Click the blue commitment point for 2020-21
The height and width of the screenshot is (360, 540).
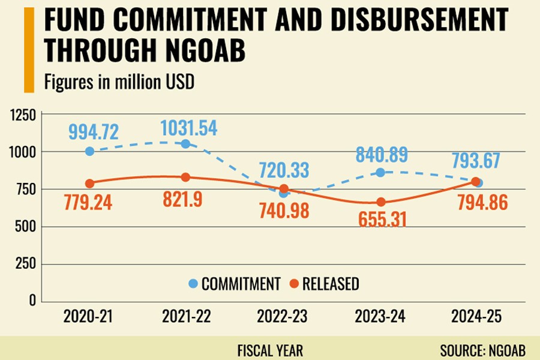tap(90, 151)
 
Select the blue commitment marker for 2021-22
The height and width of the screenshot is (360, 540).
tap(185, 144)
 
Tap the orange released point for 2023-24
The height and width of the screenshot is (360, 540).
tap(381, 202)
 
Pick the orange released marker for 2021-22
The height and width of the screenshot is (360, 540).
tap(185, 177)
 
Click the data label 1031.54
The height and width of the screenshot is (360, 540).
tap(188, 128)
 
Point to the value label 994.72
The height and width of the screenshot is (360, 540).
tap(93, 131)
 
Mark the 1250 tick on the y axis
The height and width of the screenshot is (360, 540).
tap(23, 115)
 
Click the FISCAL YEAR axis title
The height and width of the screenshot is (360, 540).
tap(270, 350)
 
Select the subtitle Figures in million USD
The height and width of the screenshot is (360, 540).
tap(119, 82)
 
